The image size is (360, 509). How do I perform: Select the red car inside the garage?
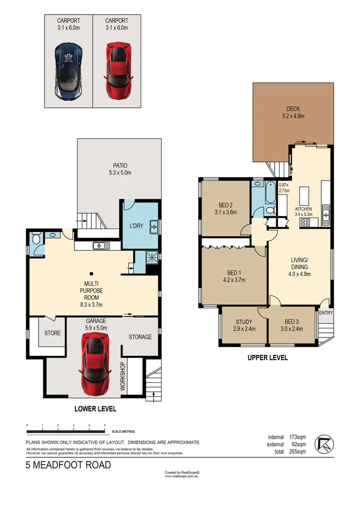click(x=96, y=364)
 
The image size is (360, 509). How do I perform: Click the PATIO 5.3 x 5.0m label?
click(x=120, y=169)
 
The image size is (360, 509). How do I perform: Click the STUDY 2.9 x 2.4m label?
click(x=244, y=325)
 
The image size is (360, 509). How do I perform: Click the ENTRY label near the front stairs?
click(x=325, y=313)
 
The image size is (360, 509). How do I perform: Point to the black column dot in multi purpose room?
click(x=91, y=273)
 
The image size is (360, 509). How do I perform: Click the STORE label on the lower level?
click(x=52, y=333)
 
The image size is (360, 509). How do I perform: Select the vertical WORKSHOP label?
click(x=123, y=377)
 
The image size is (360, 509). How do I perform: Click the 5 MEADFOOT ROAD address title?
click(x=68, y=466)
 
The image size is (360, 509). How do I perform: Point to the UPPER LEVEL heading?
click(x=268, y=358)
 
